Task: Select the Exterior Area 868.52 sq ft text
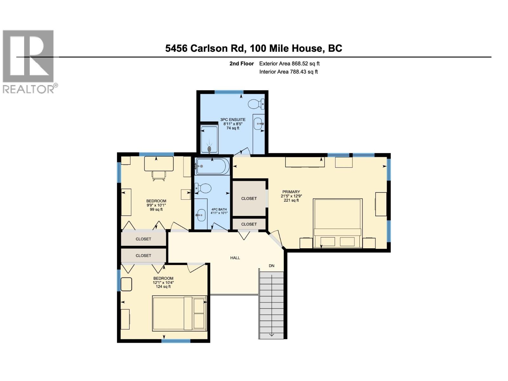[x=289, y=63]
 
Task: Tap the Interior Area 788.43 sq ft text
[x=288, y=72]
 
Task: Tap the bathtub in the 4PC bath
[x=211, y=166]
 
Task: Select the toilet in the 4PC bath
[x=203, y=189]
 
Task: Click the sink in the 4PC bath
[x=201, y=215]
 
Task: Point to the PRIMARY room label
[x=291, y=192]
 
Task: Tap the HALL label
[x=235, y=258]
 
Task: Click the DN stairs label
[x=271, y=266]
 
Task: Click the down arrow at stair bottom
[x=272, y=334]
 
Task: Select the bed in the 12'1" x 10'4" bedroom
[x=179, y=313]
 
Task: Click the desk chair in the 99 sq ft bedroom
[x=158, y=176]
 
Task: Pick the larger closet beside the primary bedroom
[x=249, y=198]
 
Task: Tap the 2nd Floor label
[x=242, y=63]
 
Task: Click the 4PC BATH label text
[x=219, y=209]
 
